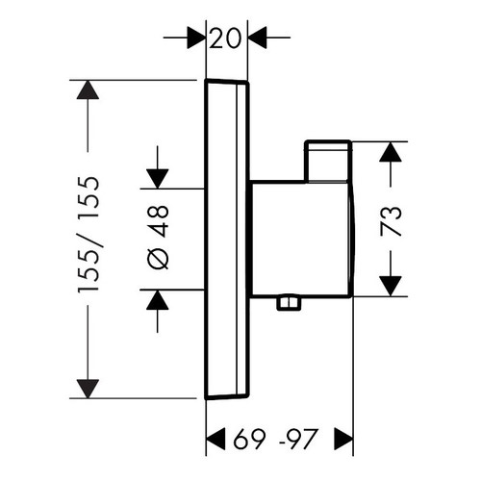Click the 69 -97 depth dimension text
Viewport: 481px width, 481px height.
280,443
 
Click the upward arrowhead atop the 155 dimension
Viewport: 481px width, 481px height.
88,91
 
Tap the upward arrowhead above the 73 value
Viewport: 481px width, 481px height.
392,153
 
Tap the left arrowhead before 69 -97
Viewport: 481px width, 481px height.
218,443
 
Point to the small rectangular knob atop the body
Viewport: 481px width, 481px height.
328,161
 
